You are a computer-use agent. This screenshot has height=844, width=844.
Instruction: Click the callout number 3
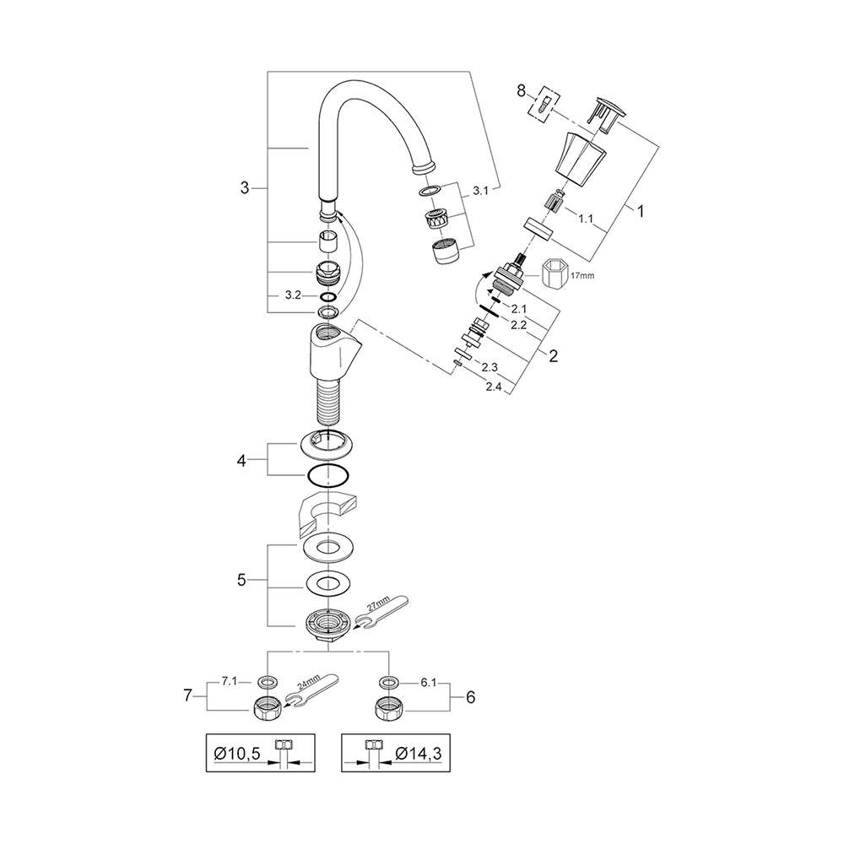[245, 188]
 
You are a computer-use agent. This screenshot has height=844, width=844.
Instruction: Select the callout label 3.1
[481, 191]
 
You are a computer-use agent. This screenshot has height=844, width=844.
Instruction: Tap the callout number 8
[521, 91]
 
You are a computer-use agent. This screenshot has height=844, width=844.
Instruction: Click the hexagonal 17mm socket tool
[556, 276]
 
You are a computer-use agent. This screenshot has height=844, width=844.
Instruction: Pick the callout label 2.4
[494, 387]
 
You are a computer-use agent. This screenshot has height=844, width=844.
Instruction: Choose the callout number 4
[241, 461]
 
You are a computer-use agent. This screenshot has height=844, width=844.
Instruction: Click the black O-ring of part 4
[328, 476]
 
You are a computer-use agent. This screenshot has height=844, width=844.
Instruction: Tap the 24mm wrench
[311, 690]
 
